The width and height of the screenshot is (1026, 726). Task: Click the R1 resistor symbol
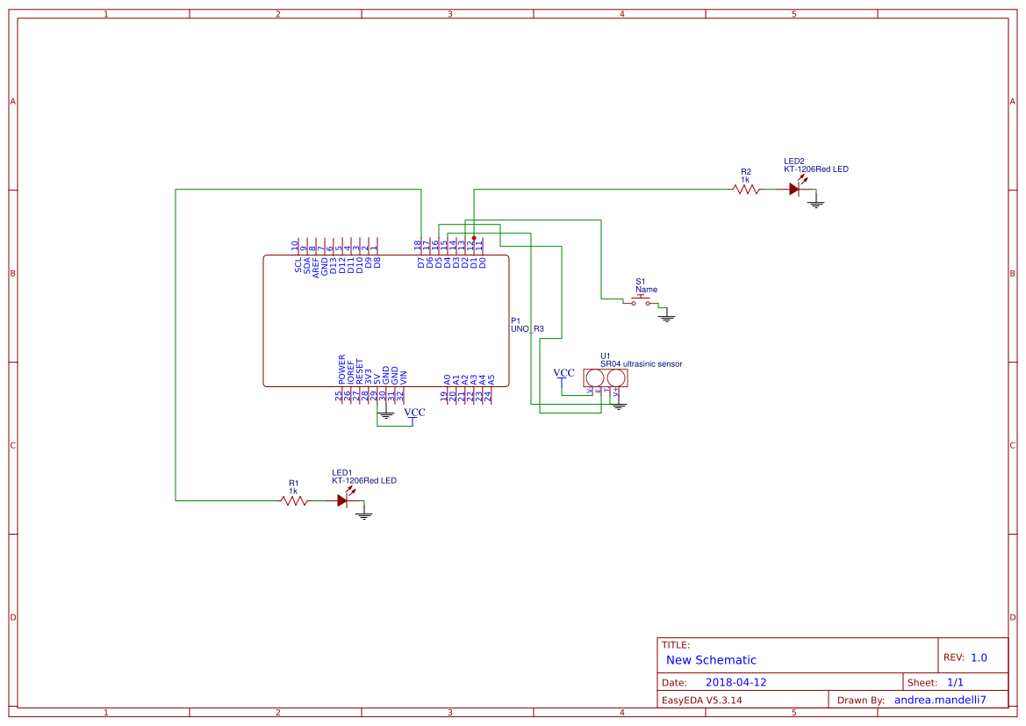coord(294,500)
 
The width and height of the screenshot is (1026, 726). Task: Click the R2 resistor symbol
coord(746,189)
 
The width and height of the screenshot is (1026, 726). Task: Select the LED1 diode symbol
coord(343,500)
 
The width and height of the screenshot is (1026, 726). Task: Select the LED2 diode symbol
coord(795,189)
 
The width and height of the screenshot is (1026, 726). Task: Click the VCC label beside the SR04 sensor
coord(564,374)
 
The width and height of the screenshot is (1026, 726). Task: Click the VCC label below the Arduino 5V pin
coord(414,413)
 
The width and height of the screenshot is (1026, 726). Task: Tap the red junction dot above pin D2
coord(474,238)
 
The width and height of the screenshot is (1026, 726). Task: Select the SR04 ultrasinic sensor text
coord(641,363)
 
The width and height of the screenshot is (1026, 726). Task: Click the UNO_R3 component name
coord(527,329)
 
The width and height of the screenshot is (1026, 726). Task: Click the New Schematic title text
coord(711,660)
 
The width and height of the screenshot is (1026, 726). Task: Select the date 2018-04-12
coord(735,682)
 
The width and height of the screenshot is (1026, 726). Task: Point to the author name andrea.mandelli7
coord(940,701)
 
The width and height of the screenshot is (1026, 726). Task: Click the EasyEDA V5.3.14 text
coord(702,701)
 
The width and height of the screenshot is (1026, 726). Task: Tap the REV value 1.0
coord(979,658)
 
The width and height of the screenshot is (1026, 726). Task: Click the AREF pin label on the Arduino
coord(316,266)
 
